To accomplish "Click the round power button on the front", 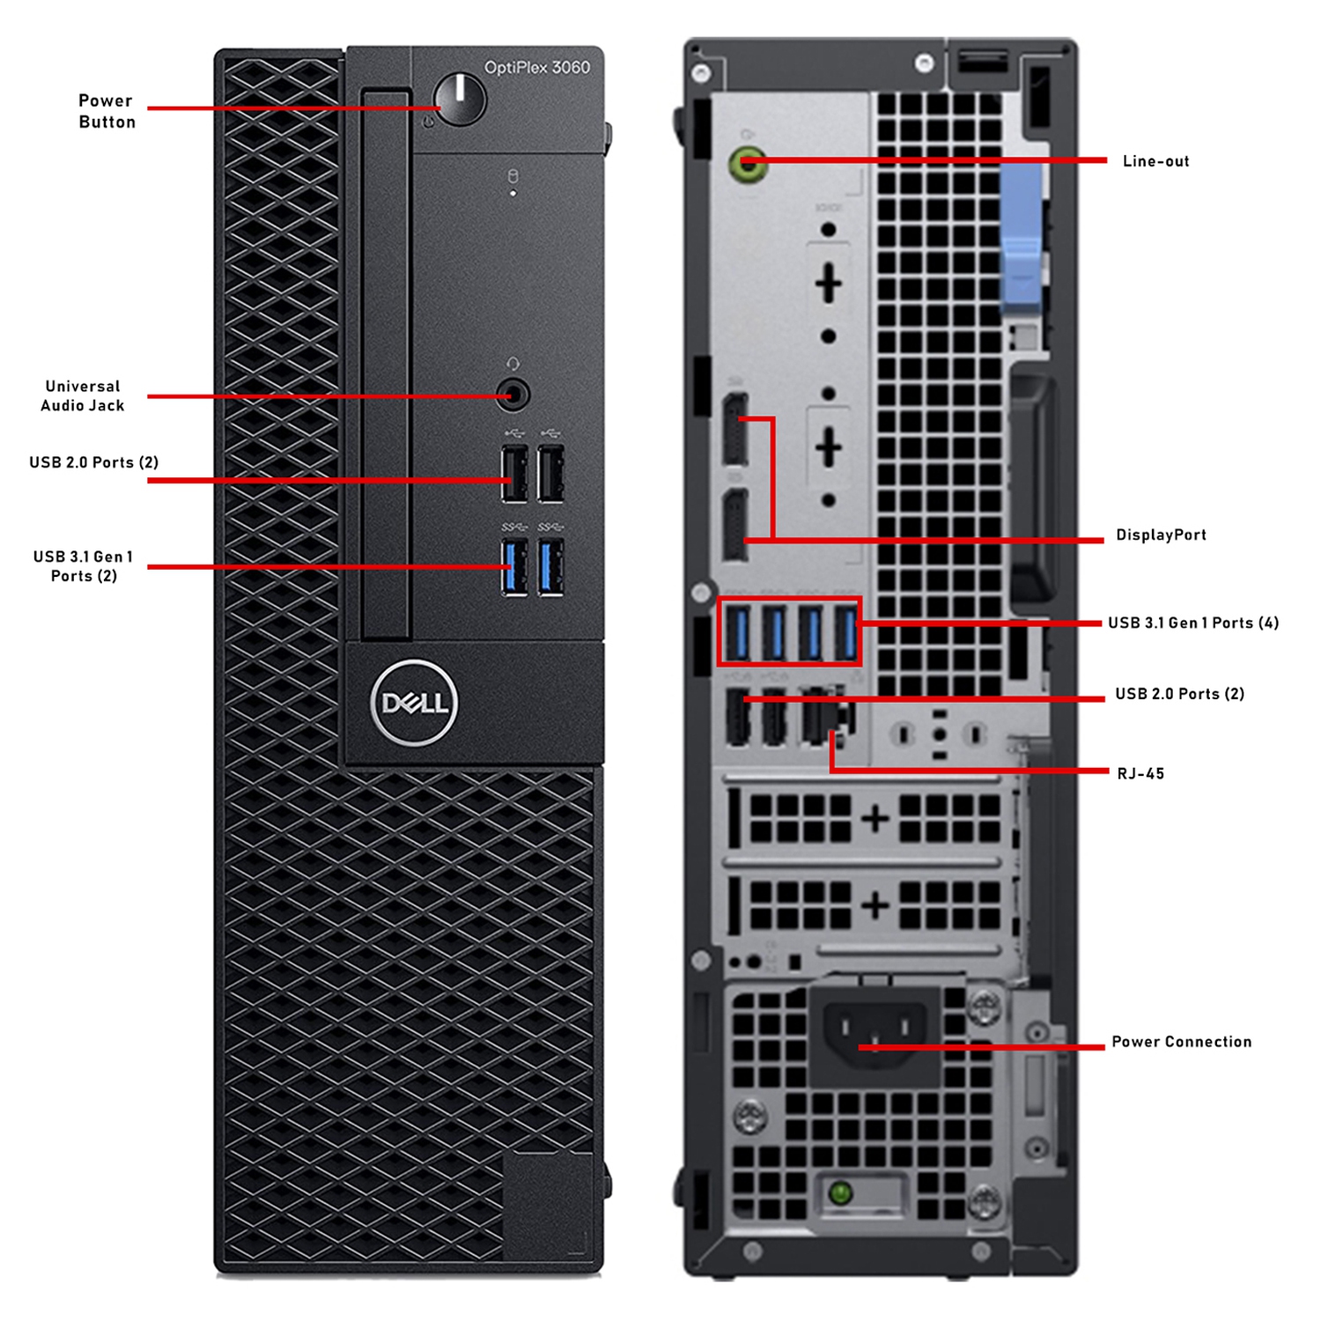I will [x=460, y=100].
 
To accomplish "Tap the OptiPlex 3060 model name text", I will [x=536, y=68].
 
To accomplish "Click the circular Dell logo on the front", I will [x=414, y=703].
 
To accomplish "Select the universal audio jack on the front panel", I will [x=513, y=395].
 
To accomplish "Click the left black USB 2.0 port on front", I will [x=514, y=474].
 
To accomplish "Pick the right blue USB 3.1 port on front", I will [x=551, y=568].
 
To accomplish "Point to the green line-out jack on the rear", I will [x=748, y=163].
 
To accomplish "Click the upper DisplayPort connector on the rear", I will [x=735, y=430].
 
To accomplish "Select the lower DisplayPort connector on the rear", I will [x=735, y=526].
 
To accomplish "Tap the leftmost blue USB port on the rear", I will [x=737, y=632].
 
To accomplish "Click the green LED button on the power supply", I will [x=841, y=1193].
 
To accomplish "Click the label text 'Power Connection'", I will [x=1181, y=1042].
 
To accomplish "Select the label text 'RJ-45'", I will [x=1140, y=774].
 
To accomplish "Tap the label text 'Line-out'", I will [x=1155, y=161].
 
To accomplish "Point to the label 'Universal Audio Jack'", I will [x=83, y=395].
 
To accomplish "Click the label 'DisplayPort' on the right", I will [x=1161, y=535].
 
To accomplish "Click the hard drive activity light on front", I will [x=513, y=192].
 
